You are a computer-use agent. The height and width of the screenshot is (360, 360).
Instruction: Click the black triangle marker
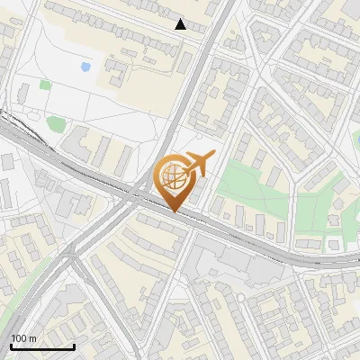(x=181, y=24)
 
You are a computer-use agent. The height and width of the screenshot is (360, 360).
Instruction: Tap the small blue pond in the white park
(x=85, y=66)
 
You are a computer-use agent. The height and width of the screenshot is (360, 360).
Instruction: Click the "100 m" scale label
(x=22, y=338)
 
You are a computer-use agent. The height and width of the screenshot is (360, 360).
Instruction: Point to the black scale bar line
(x=42, y=346)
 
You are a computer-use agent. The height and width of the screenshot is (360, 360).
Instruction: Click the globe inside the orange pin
(x=174, y=178)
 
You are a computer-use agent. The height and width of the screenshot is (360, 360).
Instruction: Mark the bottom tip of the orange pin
(x=174, y=212)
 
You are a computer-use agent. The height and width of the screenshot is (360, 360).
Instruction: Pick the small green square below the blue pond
(x=45, y=85)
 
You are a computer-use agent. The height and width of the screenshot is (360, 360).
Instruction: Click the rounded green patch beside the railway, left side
(x=56, y=123)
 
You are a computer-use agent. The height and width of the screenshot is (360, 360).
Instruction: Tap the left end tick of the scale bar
(x=11, y=346)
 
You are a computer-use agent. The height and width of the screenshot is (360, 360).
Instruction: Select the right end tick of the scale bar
(x=74, y=346)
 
